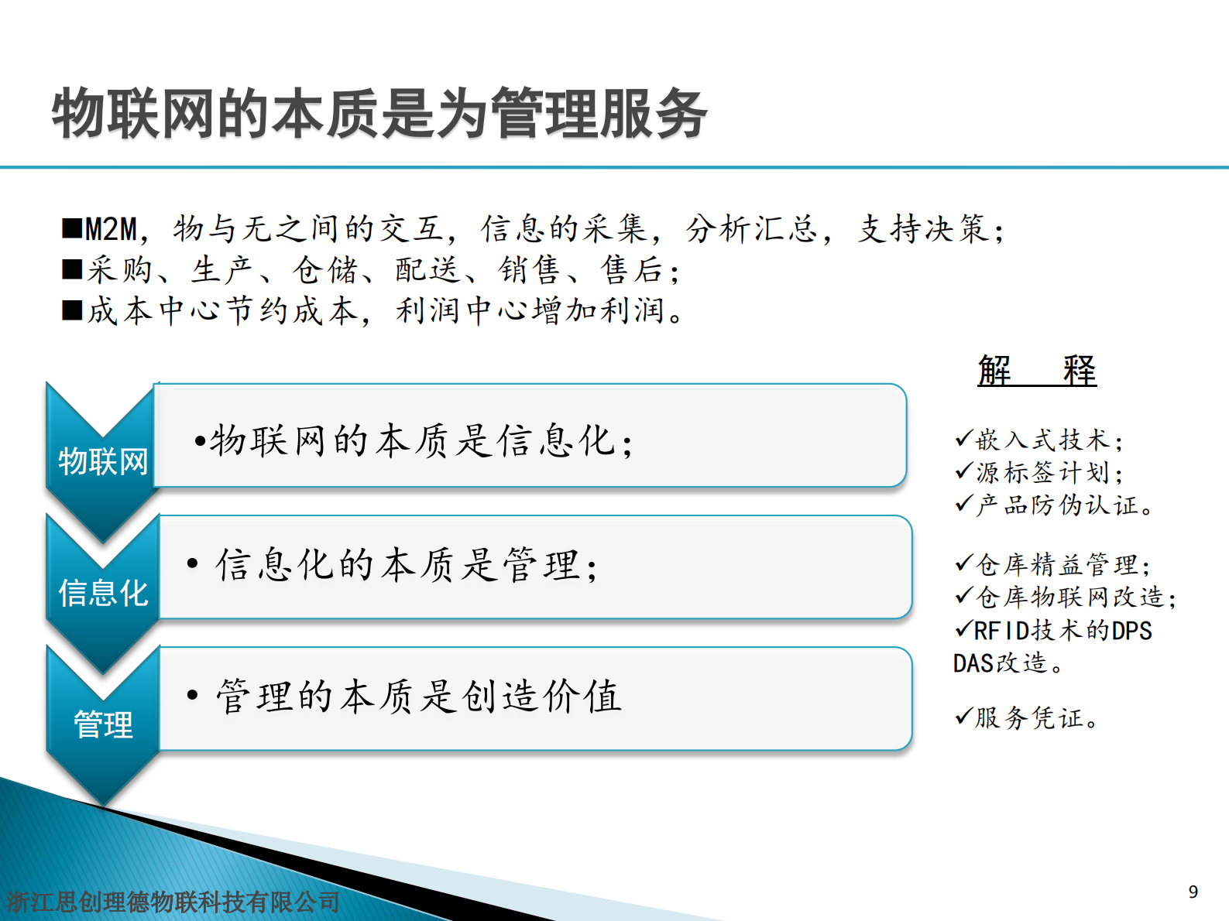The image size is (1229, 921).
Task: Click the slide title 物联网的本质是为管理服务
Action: (379, 114)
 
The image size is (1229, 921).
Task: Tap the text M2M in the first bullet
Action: (111, 229)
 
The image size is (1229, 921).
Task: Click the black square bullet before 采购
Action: (72, 269)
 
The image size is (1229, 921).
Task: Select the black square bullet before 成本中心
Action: (72, 310)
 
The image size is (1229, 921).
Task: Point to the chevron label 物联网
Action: (103, 461)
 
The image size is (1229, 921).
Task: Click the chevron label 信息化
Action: (103, 593)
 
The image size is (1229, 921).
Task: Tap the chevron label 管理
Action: (103, 724)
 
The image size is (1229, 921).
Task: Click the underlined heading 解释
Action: (1037, 370)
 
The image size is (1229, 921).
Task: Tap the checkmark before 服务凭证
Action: (963, 716)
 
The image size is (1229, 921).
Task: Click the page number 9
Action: (1193, 892)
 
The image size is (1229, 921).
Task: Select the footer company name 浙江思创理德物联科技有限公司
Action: (173, 902)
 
